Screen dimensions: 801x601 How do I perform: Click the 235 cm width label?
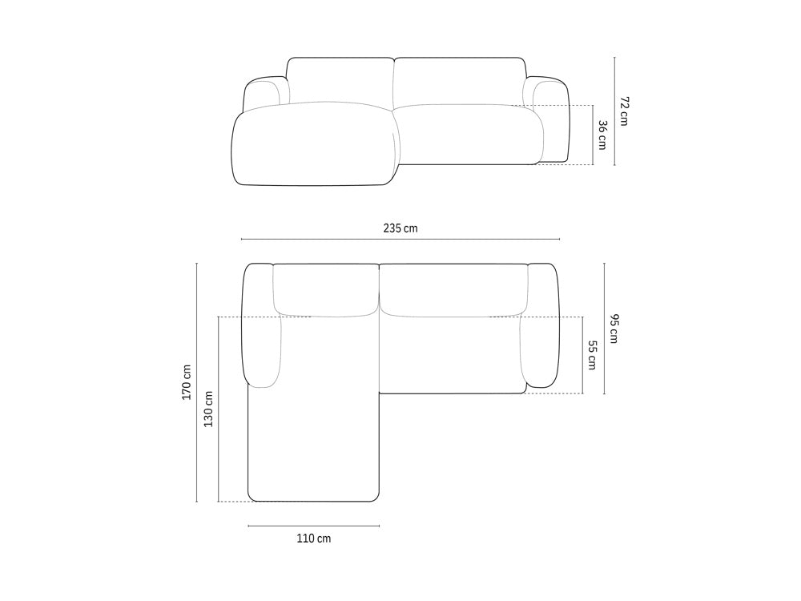point(400,228)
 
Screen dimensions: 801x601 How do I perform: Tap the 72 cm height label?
point(624,111)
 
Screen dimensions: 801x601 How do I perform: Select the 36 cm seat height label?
point(602,135)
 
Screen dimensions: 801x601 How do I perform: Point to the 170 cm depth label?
point(187,382)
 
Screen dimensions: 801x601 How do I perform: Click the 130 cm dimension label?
point(208,409)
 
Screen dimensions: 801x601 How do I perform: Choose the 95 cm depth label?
point(614,328)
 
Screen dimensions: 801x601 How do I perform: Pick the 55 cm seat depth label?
point(592,355)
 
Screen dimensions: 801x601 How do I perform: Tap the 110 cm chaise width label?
point(314,538)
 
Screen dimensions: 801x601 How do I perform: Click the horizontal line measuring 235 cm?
point(400,239)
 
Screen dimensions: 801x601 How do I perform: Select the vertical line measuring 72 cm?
point(614,111)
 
